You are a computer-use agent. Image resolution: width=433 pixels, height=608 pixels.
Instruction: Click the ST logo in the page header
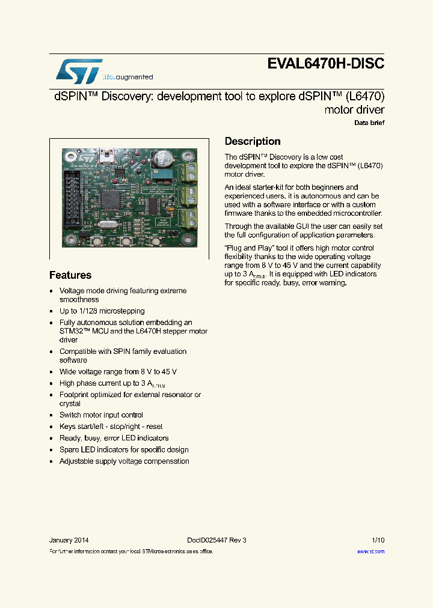pyautogui.click(x=79, y=71)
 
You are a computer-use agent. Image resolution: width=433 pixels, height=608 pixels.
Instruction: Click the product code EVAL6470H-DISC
pyautogui.click(x=326, y=64)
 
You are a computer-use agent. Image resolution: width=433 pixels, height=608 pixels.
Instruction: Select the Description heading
pyautogui.click(x=253, y=142)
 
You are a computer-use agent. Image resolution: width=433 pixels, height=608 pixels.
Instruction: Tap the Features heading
pyautogui.click(x=70, y=275)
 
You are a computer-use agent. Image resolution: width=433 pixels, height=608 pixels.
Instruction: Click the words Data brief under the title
pyautogui.click(x=369, y=123)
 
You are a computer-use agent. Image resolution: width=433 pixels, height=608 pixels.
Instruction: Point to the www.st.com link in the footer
pyautogui.click(x=370, y=551)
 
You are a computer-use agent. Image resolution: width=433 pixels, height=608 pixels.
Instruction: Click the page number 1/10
pyautogui.click(x=378, y=540)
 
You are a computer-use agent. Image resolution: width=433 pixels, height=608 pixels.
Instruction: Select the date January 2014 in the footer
pyautogui.click(x=69, y=540)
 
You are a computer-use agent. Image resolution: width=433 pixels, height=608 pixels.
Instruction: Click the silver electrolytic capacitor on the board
pyautogui.click(x=162, y=160)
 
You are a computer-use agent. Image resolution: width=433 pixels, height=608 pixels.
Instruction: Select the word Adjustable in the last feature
pyautogui.click(x=76, y=461)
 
